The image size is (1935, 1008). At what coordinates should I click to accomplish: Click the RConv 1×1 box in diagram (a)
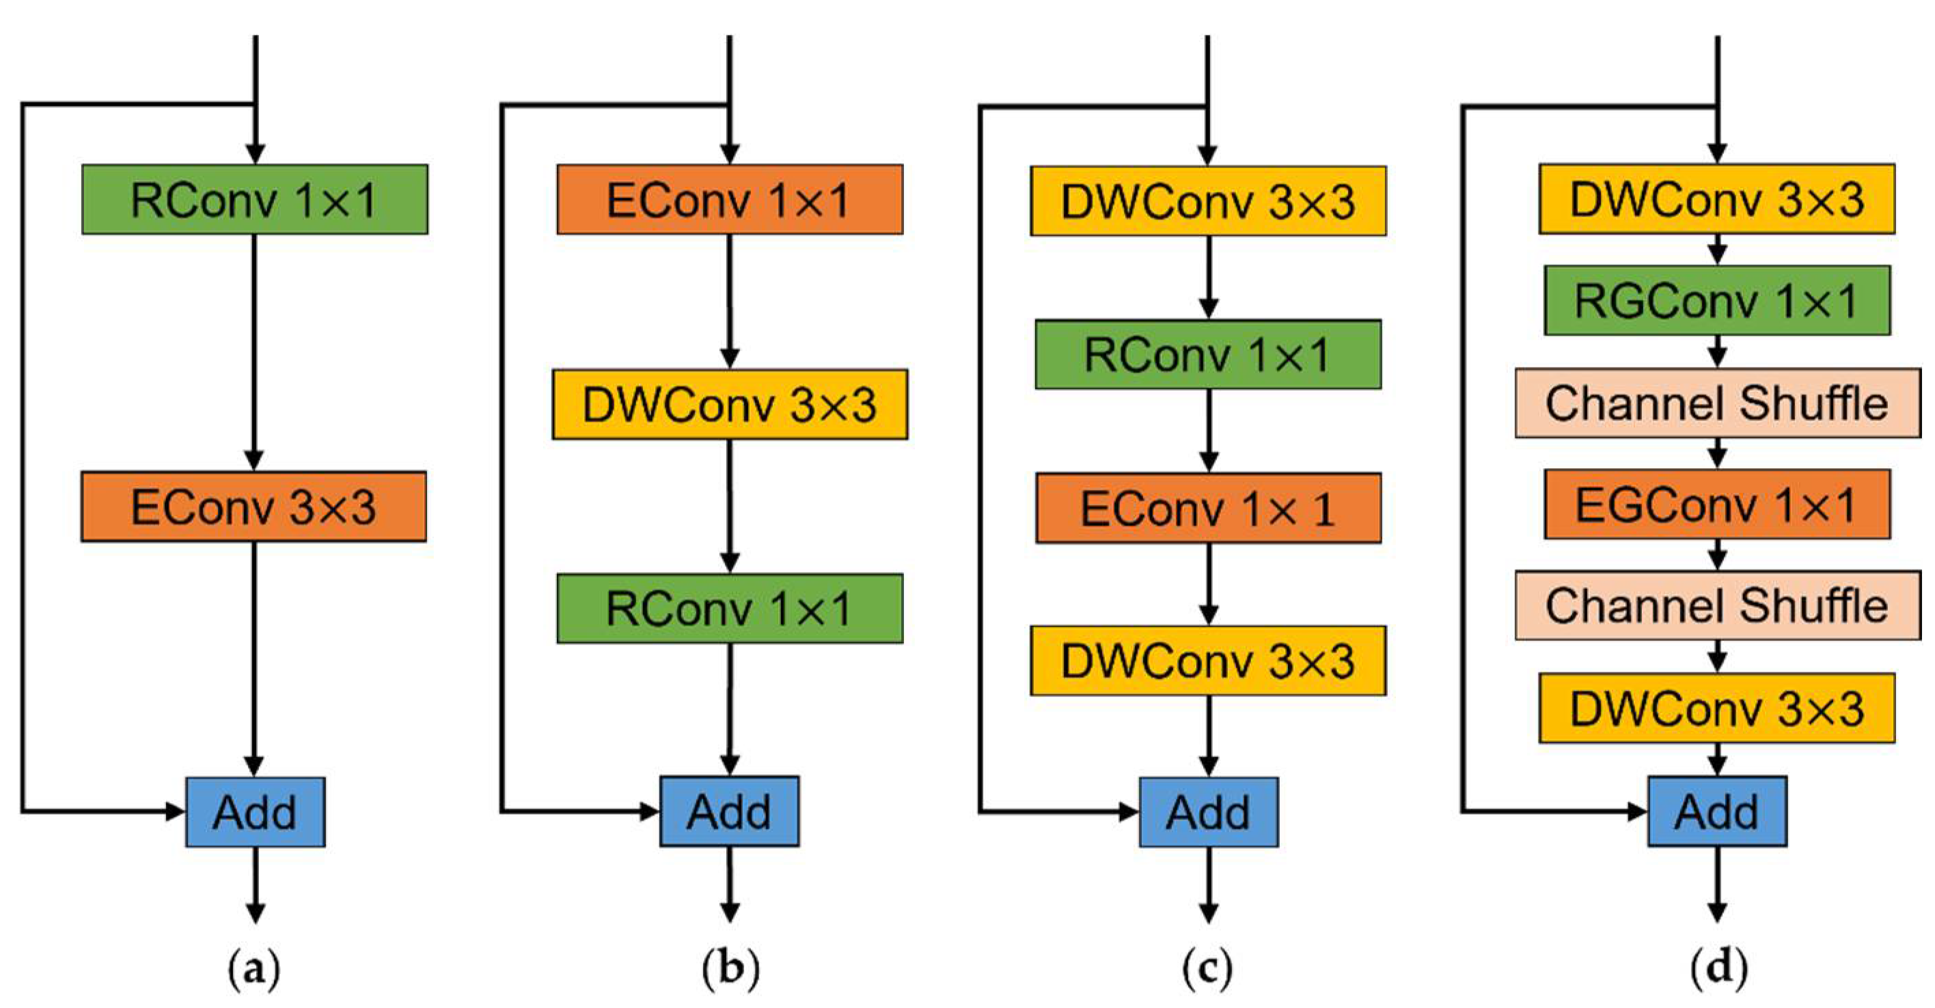tap(255, 200)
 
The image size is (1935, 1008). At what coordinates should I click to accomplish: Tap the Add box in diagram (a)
tap(256, 812)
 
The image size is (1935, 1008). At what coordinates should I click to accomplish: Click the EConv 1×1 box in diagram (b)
tap(729, 200)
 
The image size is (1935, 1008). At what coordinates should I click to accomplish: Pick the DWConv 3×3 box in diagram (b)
tap(729, 404)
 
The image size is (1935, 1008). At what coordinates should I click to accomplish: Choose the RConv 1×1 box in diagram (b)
tap(729, 608)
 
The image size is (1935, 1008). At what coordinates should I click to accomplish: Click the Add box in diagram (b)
tap(729, 812)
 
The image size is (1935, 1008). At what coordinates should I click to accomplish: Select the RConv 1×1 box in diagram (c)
tap(1208, 355)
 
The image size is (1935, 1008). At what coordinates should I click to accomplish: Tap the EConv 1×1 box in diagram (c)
tap(1208, 508)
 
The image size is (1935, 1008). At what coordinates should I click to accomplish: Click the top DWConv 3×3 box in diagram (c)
tap(1208, 202)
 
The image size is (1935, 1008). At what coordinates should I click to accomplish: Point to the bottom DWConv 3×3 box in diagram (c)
tap(1208, 660)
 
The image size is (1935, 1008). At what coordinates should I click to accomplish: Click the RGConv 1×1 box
tap(1717, 301)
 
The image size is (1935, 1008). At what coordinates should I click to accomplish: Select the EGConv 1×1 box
tap(1717, 504)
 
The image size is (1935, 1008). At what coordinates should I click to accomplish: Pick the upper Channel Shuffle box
tap(1717, 403)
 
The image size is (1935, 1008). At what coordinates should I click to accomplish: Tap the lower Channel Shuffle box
tap(1717, 605)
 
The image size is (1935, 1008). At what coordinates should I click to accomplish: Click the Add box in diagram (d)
tap(1717, 812)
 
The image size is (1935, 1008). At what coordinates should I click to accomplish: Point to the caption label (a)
tap(255, 970)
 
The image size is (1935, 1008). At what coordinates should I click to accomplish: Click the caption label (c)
tap(1207, 970)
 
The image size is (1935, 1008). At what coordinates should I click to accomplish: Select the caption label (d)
tap(1718, 970)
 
